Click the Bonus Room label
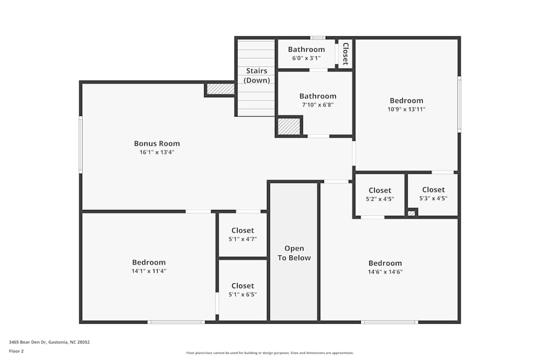click(x=157, y=144)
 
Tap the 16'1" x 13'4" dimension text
click(x=157, y=152)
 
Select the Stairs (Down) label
click(x=257, y=76)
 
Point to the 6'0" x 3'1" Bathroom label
click(x=306, y=50)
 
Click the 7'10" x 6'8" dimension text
click(x=318, y=105)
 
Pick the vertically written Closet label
click(x=345, y=53)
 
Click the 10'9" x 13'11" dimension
click(x=407, y=109)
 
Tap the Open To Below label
click(x=294, y=253)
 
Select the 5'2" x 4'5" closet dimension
click(x=380, y=199)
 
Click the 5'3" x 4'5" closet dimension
click(x=433, y=198)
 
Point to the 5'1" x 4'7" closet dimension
click(x=242, y=239)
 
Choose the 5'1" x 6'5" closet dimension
click(x=242, y=295)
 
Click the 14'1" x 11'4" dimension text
click(x=148, y=271)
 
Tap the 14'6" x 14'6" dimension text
click(x=385, y=272)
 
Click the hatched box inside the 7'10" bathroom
click(x=288, y=126)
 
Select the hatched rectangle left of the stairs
click(x=220, y=89)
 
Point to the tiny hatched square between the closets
click(x=411, y=213)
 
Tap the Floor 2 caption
click(x=16, y=351)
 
